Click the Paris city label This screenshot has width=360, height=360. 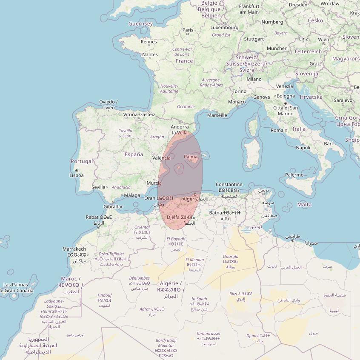tap(188, 30)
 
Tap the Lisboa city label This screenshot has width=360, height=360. tap(77, 175)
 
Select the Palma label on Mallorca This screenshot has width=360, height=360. tap(191, 157)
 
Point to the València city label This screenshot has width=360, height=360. tap(161, 158)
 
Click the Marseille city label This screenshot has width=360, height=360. tap(217, 115)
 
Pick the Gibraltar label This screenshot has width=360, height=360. tap(113, 207)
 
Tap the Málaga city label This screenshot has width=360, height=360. tap(132, 195)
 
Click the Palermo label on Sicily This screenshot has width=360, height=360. tap(294, 175)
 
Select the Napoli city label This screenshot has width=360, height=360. tap(303, 148)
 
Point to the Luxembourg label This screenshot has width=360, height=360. tap(224, 28)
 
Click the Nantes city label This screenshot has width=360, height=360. tap(150, 54)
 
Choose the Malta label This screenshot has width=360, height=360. tap(304, 205)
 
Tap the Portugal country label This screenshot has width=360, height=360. tap(82, 161)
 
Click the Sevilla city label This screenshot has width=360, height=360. tap(98, 187)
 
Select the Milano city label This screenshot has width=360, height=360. tap(254, 79)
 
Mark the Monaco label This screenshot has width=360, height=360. tap(237, 102)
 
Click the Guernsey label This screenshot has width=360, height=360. tap(140, 24)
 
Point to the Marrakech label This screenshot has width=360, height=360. tap(74, 249)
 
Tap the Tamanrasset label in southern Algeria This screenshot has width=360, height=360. tap(209, 334)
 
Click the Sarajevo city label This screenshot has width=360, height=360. tap(343, 100)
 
